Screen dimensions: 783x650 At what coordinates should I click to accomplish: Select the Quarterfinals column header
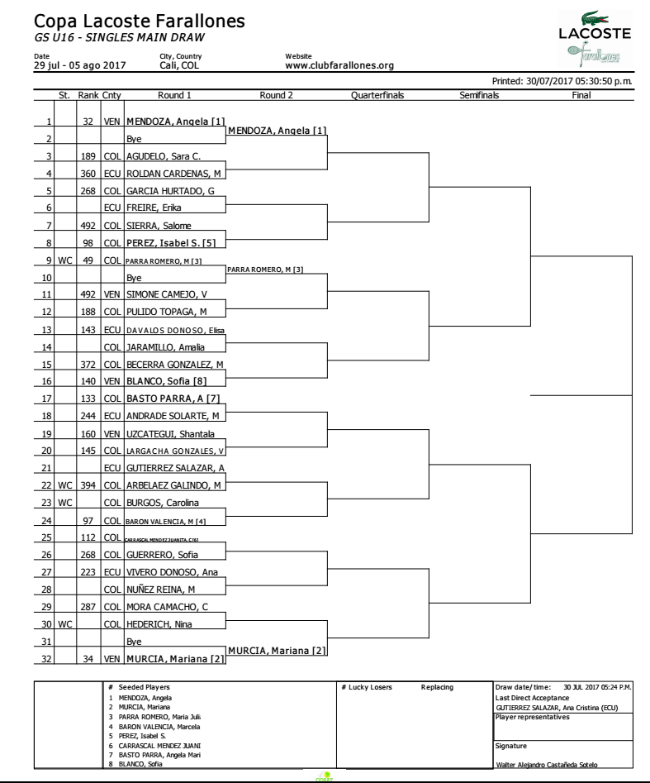[x=377, y=95]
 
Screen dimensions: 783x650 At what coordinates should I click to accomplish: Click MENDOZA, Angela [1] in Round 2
[x=277, y=131]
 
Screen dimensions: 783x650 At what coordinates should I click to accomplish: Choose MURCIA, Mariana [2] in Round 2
[x=277, y=651]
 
